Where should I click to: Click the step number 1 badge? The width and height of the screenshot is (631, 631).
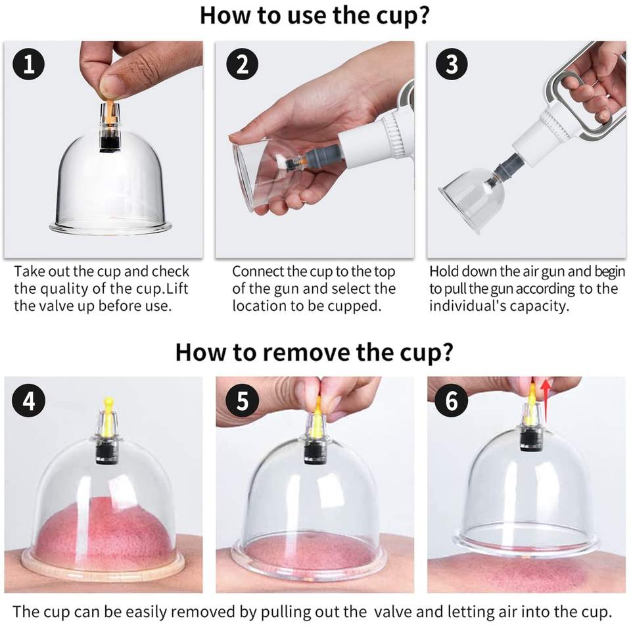coord(28,64)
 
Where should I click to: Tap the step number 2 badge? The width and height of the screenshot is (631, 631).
coord(242,64)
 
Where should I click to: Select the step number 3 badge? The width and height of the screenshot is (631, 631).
coord(452,64)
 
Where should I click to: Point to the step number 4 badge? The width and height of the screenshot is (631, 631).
coord(28,400)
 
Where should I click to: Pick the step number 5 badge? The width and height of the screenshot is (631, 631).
coord(242,400)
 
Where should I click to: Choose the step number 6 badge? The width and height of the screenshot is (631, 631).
coord(452,400)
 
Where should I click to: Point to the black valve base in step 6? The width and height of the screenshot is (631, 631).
coord(530,440)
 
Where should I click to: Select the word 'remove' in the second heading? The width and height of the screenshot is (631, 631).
coord(309,352)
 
